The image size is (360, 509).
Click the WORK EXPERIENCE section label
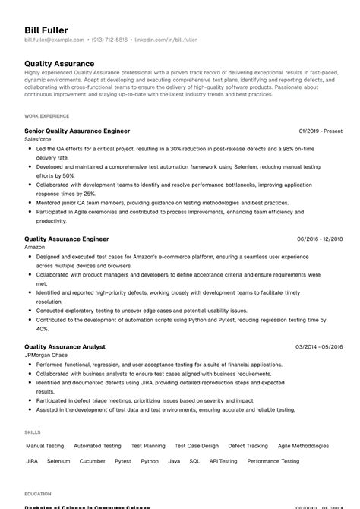tap(46, 116)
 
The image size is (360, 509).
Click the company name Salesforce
tap(39, 140)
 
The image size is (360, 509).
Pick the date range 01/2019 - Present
tap(321, 131)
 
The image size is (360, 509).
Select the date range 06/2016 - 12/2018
tap(321, 239)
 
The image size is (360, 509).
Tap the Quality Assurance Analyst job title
tap(65, 346)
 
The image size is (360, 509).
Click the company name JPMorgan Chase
tap(47, 356)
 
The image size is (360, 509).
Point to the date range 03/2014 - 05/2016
tap(320, 346)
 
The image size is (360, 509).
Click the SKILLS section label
tap(33, 432)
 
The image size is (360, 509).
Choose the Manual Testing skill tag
tap(45, 446)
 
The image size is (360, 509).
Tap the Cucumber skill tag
tap(92, 460)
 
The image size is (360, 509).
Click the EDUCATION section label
tap(38, 492)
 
